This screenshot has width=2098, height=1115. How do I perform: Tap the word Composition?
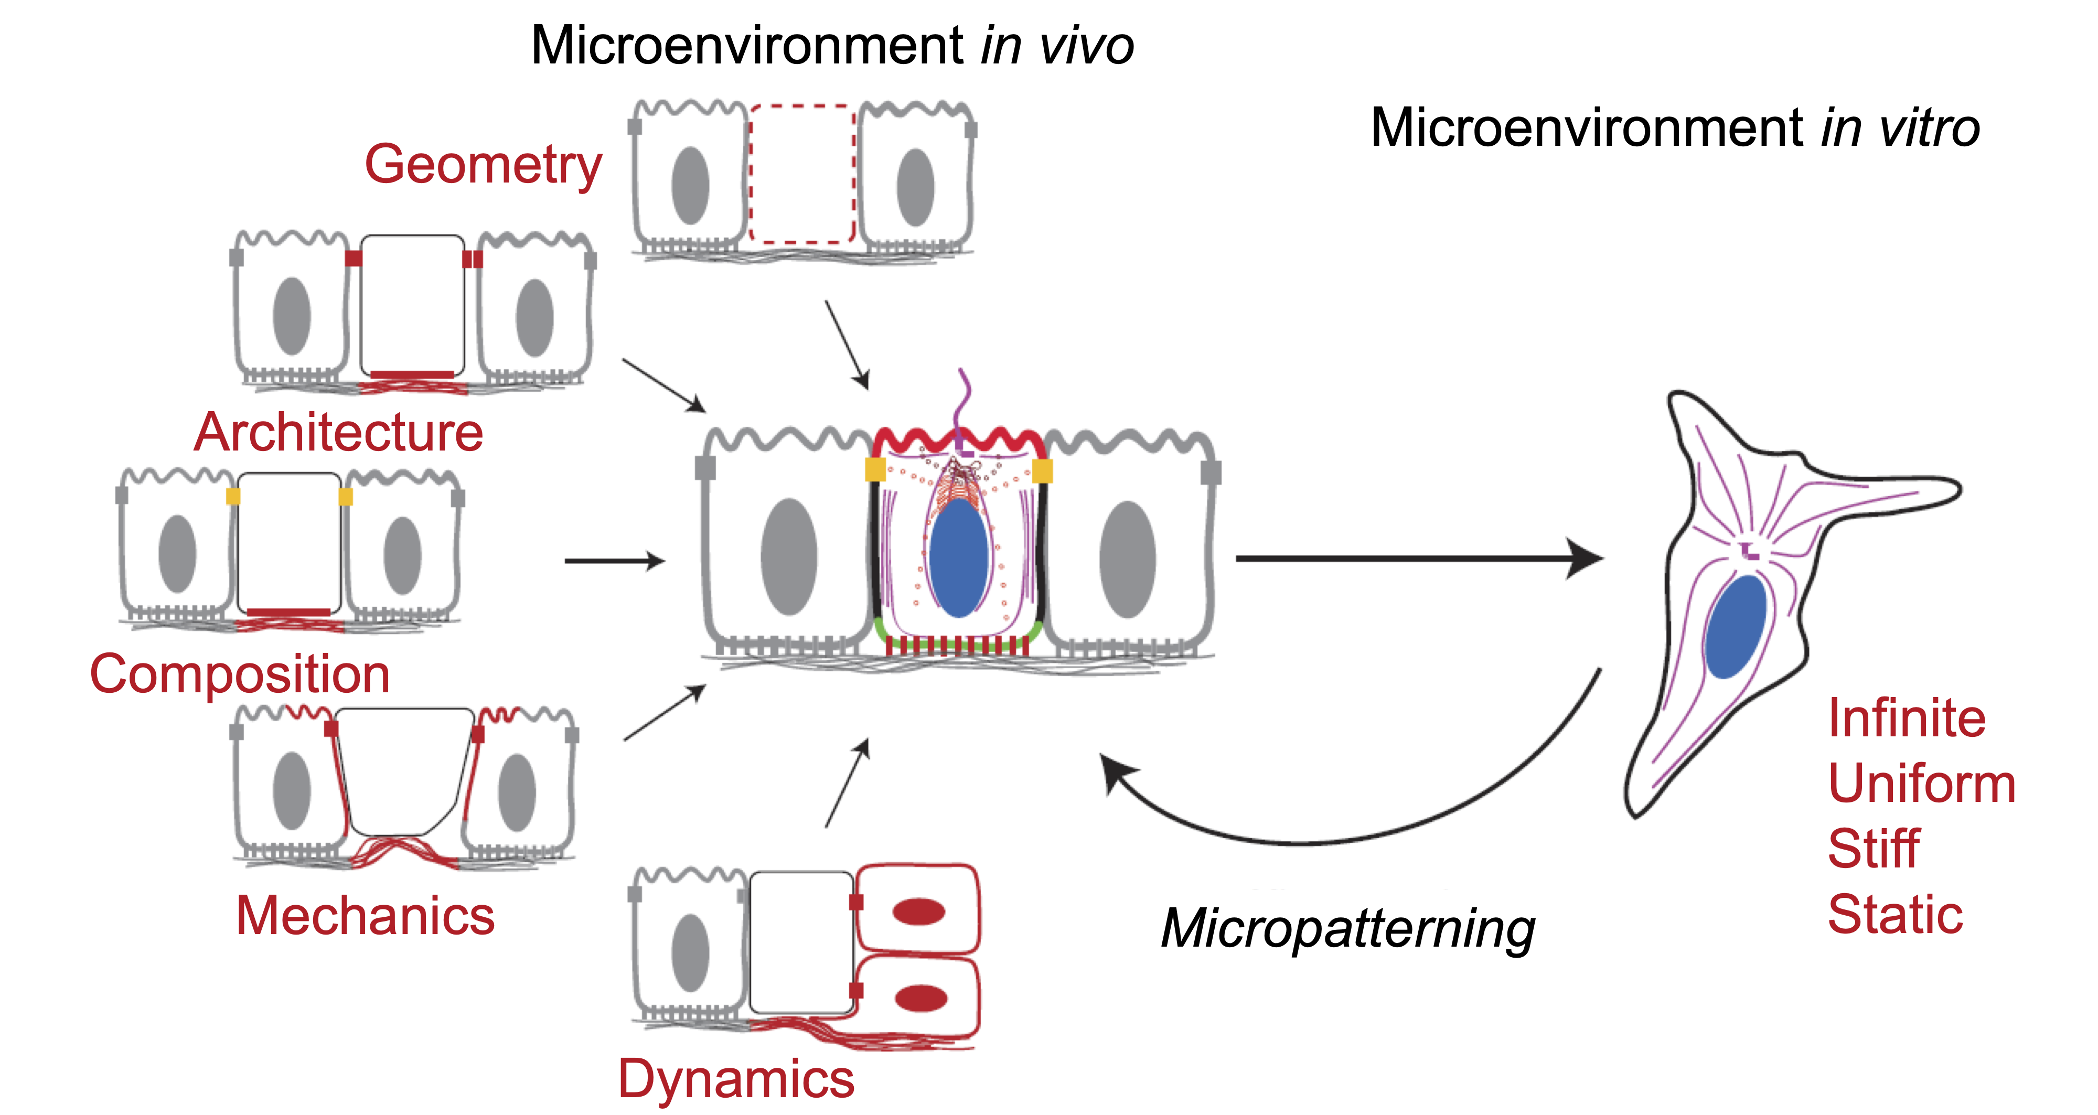pyautogui.click(x=240, y=675)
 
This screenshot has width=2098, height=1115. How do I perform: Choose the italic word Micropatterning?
pyautogui.click(x=1348, y=928)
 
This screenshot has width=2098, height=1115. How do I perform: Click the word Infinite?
pyautogui.click(x=1907, y=719)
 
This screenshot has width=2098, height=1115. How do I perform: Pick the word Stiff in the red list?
pyautogui.click(x=1873, y=849)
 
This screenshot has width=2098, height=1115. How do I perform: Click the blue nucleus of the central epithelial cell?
pyautogui.click(x=959, y=558)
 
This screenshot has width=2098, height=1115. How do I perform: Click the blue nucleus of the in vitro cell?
pyautogui.click(x=1735, y=627)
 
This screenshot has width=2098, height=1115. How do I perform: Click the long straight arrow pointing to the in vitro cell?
pyautogui.click(x=1417, y=559)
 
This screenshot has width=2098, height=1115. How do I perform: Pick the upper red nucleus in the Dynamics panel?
pyautogui.click(x=919, y=912)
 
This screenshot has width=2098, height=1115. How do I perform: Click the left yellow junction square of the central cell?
pyautogui.click(x=875, y=470)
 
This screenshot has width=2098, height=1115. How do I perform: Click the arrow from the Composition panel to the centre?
pyautogui.click(x=615, y=560)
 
